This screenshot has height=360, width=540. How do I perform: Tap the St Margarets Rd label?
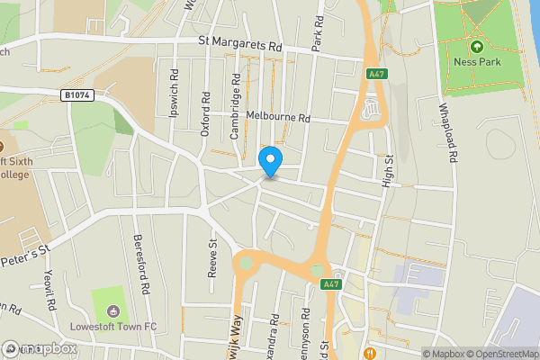click(240, 42)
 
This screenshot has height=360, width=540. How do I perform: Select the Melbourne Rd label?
click(277, 118)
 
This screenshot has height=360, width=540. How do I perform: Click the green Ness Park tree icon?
click(476, 47)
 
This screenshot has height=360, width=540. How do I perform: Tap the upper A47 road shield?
click(376, 75)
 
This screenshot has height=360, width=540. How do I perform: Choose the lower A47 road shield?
click(330, 284)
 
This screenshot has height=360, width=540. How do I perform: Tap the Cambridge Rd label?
click(235, 109)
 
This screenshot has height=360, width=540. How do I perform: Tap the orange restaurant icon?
click(370, 352)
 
